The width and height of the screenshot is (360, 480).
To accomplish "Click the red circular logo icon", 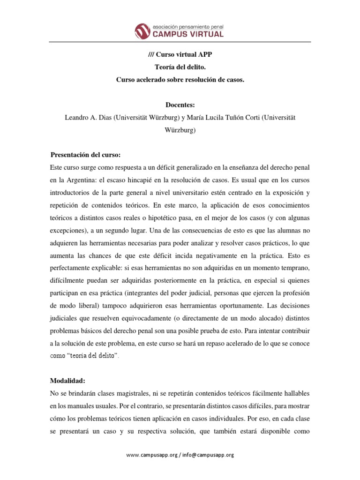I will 143,31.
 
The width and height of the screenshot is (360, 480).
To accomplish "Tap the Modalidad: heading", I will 67,381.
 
